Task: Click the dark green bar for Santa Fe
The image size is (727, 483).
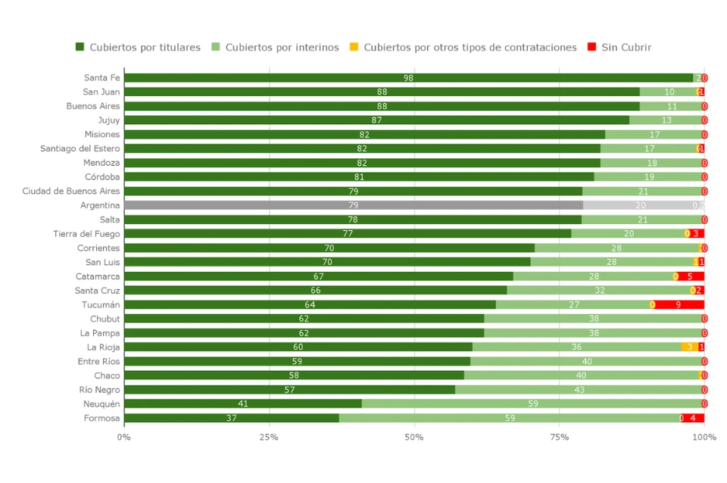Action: (408, 78)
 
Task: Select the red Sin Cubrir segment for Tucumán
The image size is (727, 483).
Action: (679, 304)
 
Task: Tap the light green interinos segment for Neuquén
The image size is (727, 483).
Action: (532, 404)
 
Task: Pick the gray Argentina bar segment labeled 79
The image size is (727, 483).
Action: (353, 205)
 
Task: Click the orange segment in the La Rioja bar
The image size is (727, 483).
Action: (689, 347)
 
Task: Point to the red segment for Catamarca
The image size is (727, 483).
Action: (691, 276)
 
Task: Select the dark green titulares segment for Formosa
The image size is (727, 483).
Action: (231, 418)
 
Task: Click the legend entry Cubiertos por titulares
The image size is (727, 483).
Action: (138, 47)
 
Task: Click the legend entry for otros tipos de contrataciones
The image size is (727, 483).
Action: (463, 47)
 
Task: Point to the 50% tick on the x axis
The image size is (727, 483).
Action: (414, 437)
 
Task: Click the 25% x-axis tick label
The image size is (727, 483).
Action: (269, 437)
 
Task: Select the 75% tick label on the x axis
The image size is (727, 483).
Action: (559, 437)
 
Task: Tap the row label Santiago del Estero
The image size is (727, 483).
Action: (80, 148)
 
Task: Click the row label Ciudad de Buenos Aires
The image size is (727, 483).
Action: (71, 191)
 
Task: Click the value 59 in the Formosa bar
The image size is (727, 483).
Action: (510, 418)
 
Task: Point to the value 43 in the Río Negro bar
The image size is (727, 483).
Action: (579, 389)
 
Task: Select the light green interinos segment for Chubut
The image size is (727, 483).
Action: (594, 319)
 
